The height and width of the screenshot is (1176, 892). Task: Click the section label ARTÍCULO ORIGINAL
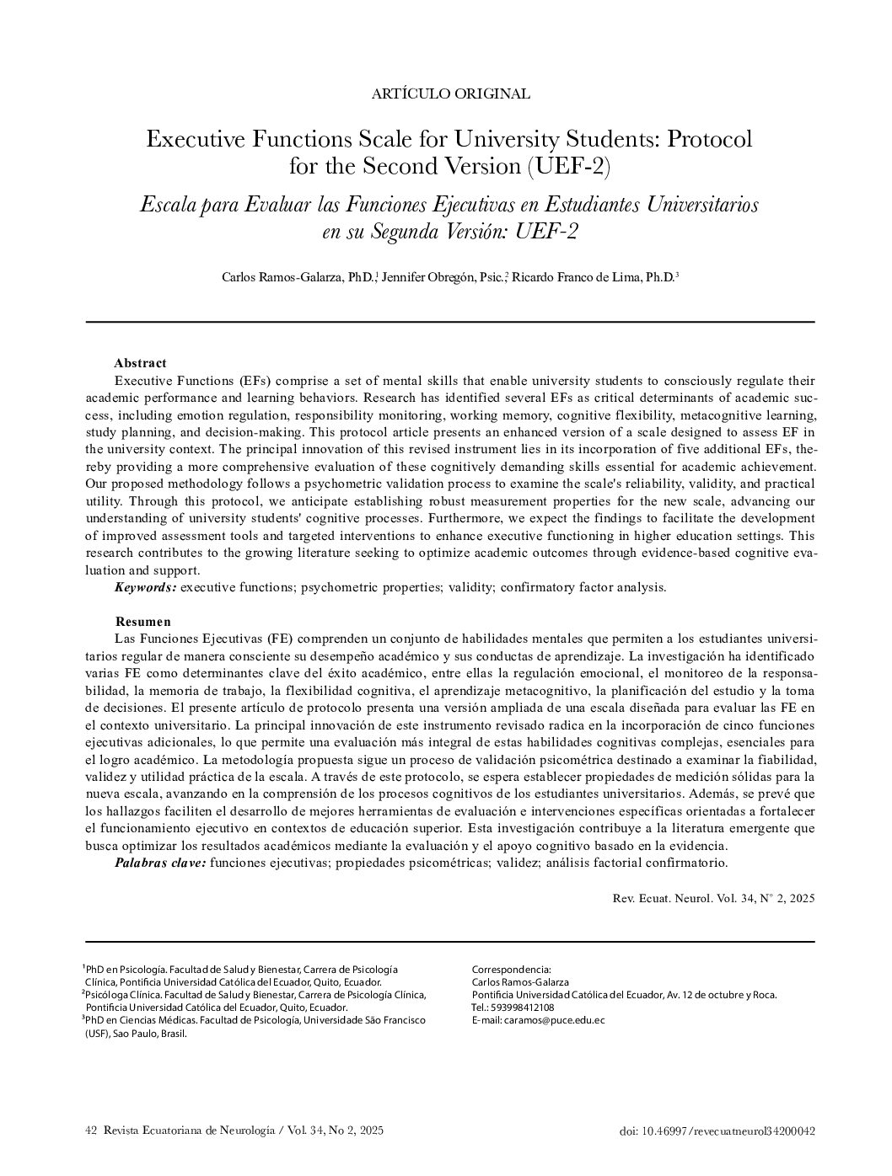(x=450, y=94)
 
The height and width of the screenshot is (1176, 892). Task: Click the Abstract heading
(x=140, y=363)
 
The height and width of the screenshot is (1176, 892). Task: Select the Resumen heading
(x=142, y=622)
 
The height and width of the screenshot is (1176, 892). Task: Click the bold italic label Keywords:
(x=146, y=587)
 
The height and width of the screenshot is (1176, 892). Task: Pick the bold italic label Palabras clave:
(x=160, y=863)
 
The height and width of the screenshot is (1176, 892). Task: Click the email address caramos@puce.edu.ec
(x=554, y=1020)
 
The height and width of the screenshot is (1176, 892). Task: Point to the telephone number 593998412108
(x=524, y=1008)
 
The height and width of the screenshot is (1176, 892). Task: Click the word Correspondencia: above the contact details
(x=511, y=970)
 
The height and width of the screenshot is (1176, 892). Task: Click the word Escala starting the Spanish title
(x=167, y=205)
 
